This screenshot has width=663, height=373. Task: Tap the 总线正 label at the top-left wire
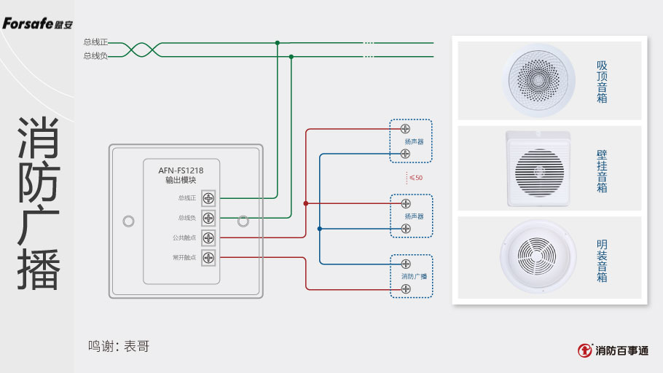click(x=95, y=42)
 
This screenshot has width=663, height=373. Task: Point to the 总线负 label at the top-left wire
click(x=95, y=55)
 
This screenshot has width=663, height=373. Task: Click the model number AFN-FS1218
click(x=181, y=170)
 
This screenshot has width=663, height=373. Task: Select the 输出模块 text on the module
click(x=181, y=180)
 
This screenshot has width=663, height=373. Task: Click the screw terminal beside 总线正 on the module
click(x=209, y=197)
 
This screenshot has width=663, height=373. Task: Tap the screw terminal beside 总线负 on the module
click(x=209, y=217)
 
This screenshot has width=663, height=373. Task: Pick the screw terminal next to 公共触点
click(x=209, y=237)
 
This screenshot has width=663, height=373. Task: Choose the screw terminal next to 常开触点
click(x=209, y=257)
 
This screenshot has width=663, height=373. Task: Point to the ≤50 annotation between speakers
click(x=415, y=178)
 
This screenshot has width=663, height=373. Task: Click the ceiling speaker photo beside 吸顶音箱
click(x=539, y=80)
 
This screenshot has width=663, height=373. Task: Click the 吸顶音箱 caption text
click(x=602, y=82)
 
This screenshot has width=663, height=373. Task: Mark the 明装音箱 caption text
click(x=602, y=261)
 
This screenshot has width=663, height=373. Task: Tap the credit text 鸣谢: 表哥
click(x=119, y=346)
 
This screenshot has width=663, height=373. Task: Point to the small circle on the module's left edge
click(x=129, y=220)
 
